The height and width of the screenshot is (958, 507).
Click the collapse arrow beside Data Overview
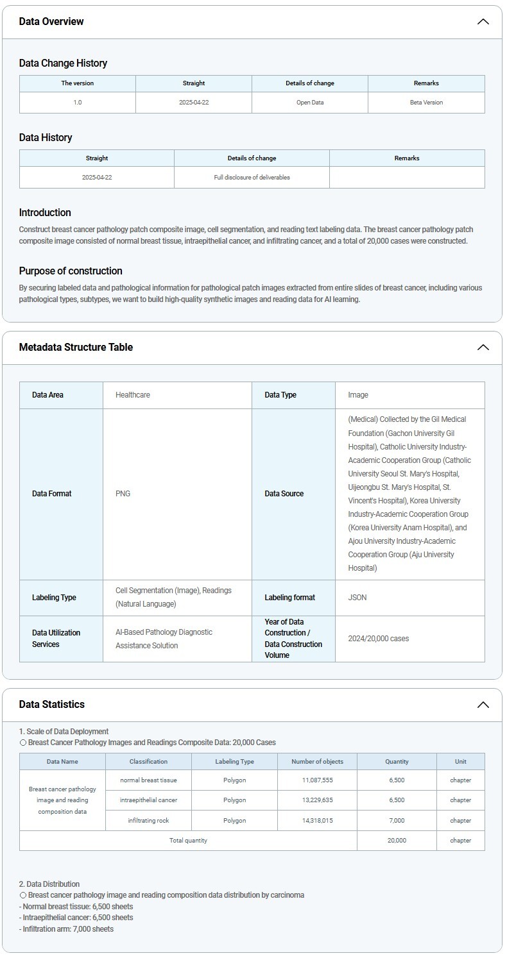click(483, 22)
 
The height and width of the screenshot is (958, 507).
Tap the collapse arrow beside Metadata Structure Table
click(483, 348)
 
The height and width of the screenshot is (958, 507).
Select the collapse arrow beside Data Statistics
click(483, 705)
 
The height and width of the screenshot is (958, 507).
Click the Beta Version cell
click(426, 103)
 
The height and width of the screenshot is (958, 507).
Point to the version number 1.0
click(78, 103)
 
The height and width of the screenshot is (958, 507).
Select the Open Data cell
click(310, 103)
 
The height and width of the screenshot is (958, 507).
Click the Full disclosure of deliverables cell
click(252, 178)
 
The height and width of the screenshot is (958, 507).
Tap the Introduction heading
click(45, 213)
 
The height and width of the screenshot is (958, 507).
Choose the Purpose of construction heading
click(71, 271)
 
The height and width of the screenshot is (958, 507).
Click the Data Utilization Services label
click(56, 639)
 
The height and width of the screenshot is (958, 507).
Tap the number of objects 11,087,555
click(317, 780)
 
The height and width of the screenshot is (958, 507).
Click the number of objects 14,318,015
click(317, 821)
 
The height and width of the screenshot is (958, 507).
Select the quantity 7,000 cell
click(397, 821)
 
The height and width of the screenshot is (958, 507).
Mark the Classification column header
click(148, 762)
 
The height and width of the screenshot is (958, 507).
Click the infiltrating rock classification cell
click(148, 821)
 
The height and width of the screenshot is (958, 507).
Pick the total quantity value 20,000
click(397, 841)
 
